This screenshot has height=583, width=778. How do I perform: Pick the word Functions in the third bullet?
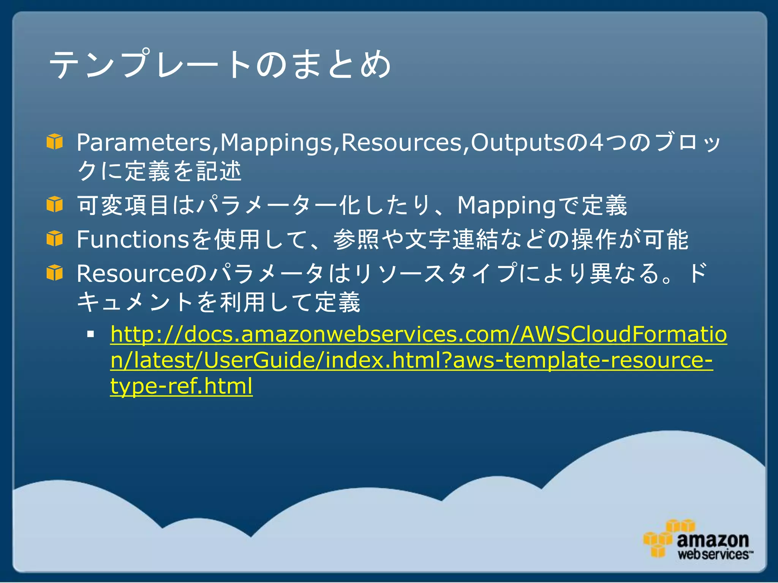point(133,240)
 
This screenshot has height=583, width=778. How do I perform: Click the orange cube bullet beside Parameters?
point(55,142)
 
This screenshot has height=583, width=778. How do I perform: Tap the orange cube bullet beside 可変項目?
point(55,204)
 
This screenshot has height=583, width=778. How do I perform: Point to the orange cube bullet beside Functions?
point(55,238)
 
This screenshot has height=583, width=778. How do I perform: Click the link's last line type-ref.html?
point(181,386)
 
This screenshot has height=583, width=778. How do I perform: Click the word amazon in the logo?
point(713,540)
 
